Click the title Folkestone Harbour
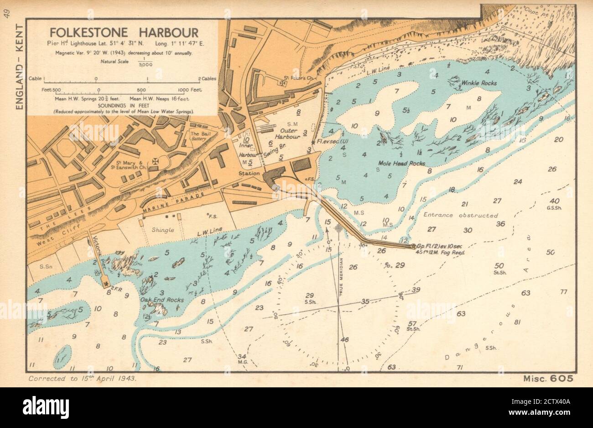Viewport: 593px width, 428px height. coord(124,33)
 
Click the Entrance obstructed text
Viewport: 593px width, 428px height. coord(461,215)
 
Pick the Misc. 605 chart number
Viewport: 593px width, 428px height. coord(545,379)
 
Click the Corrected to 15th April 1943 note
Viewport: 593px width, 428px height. coord(82,379)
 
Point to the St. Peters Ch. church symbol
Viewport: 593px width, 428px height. coord(283,83)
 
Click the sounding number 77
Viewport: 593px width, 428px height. coord(564,291)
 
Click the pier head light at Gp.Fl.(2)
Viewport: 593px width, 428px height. coord(414,247)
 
